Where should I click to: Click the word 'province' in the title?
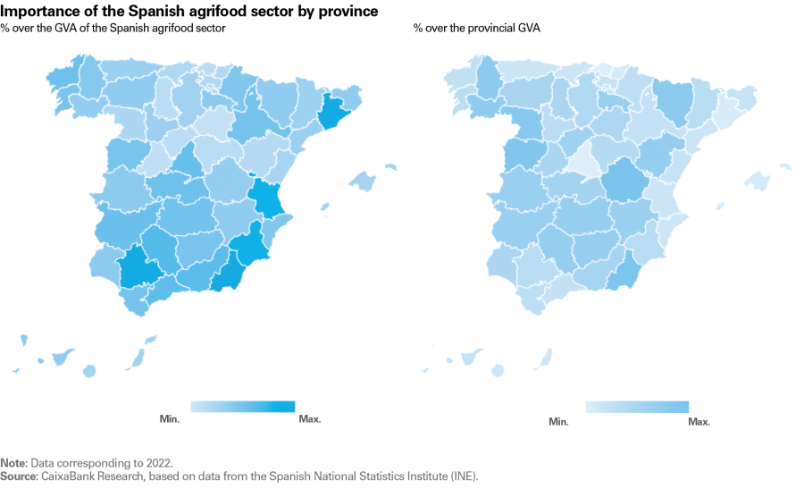(344, 11)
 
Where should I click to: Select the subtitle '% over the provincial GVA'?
(476, 29)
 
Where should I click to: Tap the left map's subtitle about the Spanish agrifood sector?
(113, 29)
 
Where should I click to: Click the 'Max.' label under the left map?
(310, 418)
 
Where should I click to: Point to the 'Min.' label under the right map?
(559, 421)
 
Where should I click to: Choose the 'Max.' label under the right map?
(699, 421)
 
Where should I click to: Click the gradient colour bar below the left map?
(242, 406)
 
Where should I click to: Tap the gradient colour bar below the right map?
(637, 407)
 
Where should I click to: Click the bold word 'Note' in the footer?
(13, 463)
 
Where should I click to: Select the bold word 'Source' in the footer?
(17, 476)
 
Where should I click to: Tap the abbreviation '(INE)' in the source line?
(463, 476)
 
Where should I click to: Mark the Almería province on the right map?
(626, 272)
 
